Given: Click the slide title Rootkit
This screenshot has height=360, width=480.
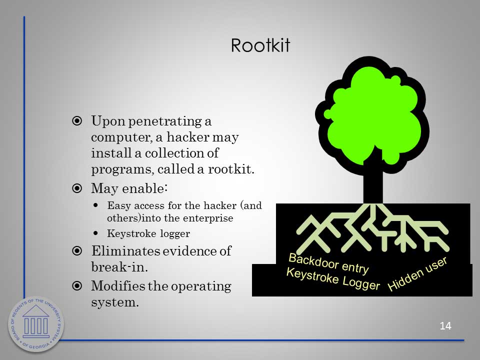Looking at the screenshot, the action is tap(260, 45).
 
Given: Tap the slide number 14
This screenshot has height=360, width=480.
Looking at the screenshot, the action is tap(445, 325).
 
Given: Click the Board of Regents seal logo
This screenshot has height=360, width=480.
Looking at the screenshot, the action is tap(36, 324).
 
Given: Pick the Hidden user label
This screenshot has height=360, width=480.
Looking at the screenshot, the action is tap(417, 274).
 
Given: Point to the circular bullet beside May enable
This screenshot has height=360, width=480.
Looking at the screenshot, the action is tap(77, 188).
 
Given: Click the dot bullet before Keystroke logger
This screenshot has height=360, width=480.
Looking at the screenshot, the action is tap(96, 233).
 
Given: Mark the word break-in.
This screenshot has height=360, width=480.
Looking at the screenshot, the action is tap(119, 267).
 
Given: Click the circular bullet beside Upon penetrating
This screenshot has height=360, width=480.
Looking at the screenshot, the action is tap(77, 121).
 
